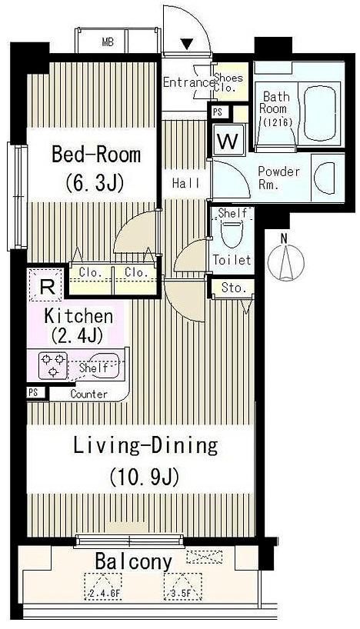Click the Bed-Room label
click(96, 155)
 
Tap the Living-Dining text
click(145, 446)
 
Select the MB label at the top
click(108, 42)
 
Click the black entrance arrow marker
click(186, 43)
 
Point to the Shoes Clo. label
click(228, 82)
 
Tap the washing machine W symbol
click(228, 140)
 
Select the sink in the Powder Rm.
click(325, 178)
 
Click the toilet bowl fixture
click(231, 233)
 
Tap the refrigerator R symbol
click(47, 286)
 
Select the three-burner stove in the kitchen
click(52, 365)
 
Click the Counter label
click(88, 394)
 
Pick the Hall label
click(186, 183)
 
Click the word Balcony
click(133, 562)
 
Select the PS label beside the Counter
click(33, 393)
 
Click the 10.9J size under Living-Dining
click(144, 477)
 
